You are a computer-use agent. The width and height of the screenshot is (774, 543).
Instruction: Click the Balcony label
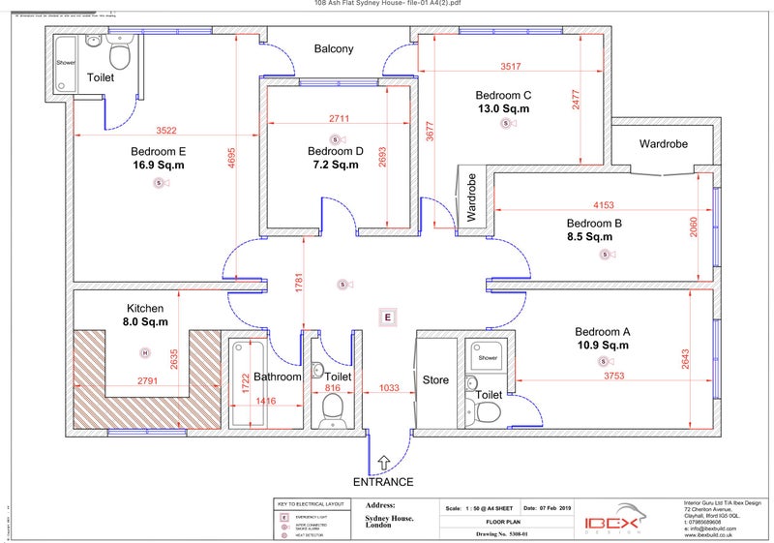pyautogui.click(x=334, y=48)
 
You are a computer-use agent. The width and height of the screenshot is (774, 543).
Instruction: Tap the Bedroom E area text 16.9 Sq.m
pyautogui.click(x=158, y=166)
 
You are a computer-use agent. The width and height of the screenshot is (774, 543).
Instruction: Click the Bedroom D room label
pyautogui.click(x=335, y=151)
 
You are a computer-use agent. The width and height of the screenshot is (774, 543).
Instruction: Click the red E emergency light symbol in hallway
pyautogui.click(x=387, y=317)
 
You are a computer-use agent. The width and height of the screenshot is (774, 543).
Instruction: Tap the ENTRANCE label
pyautogui.click(x=383, y=482)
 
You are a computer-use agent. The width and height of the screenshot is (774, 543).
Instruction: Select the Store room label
pyautogui.click(x=436, y=380)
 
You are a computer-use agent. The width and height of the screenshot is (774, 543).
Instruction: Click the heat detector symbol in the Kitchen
pyautogui.click(x=145, y=353)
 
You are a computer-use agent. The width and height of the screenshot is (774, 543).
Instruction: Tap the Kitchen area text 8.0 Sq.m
pyautogui.click(x=146, y=322)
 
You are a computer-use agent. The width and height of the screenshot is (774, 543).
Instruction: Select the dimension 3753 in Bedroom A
pyautogui.click(x=613, y=376)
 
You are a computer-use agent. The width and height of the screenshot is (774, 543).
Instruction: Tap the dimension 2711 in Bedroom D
pyautogui.click(x=339, y=118)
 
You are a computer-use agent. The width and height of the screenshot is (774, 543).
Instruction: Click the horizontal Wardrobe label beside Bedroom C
pyautogui.click(x=663, y=143)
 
